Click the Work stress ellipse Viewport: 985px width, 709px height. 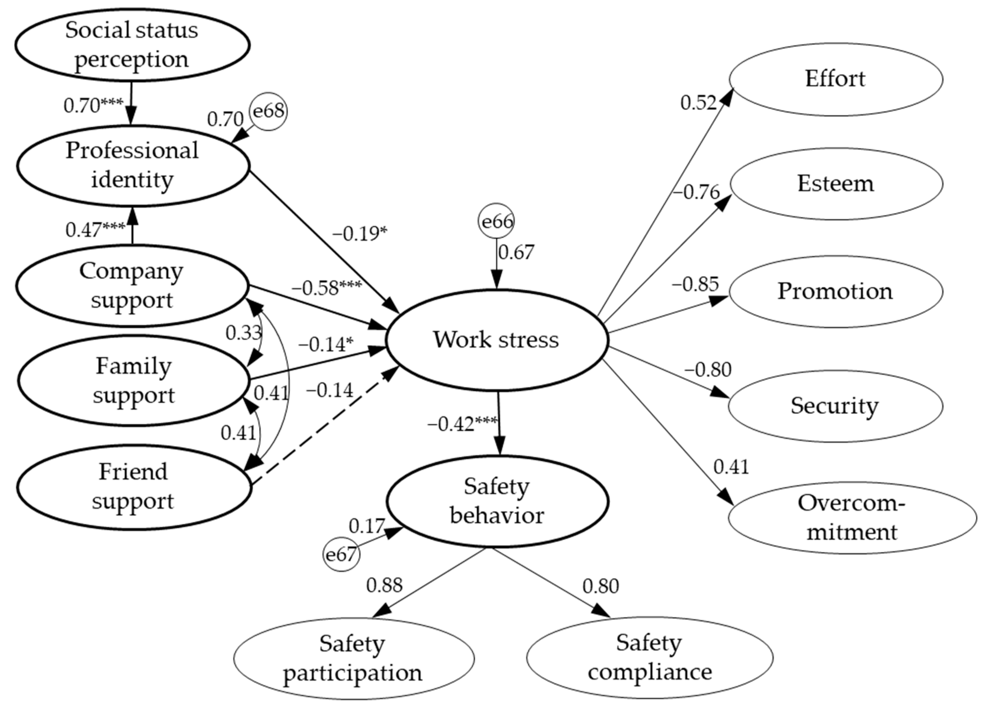pos(497,340)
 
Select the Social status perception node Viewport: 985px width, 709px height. pos(132,45)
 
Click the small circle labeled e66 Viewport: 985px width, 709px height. pos(497,221)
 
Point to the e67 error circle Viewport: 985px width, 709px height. pos(341,554)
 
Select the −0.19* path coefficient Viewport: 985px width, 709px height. pos(360,234)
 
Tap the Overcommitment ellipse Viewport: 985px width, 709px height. pos(851,517)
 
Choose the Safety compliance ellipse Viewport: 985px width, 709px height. pos(650,657)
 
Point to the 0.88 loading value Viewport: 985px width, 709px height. pos(384,585)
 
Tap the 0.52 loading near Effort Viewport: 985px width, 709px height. pos(698,103)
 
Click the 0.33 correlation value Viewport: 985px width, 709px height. pos(243,333)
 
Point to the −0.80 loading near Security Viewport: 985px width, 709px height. pos(708,369)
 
